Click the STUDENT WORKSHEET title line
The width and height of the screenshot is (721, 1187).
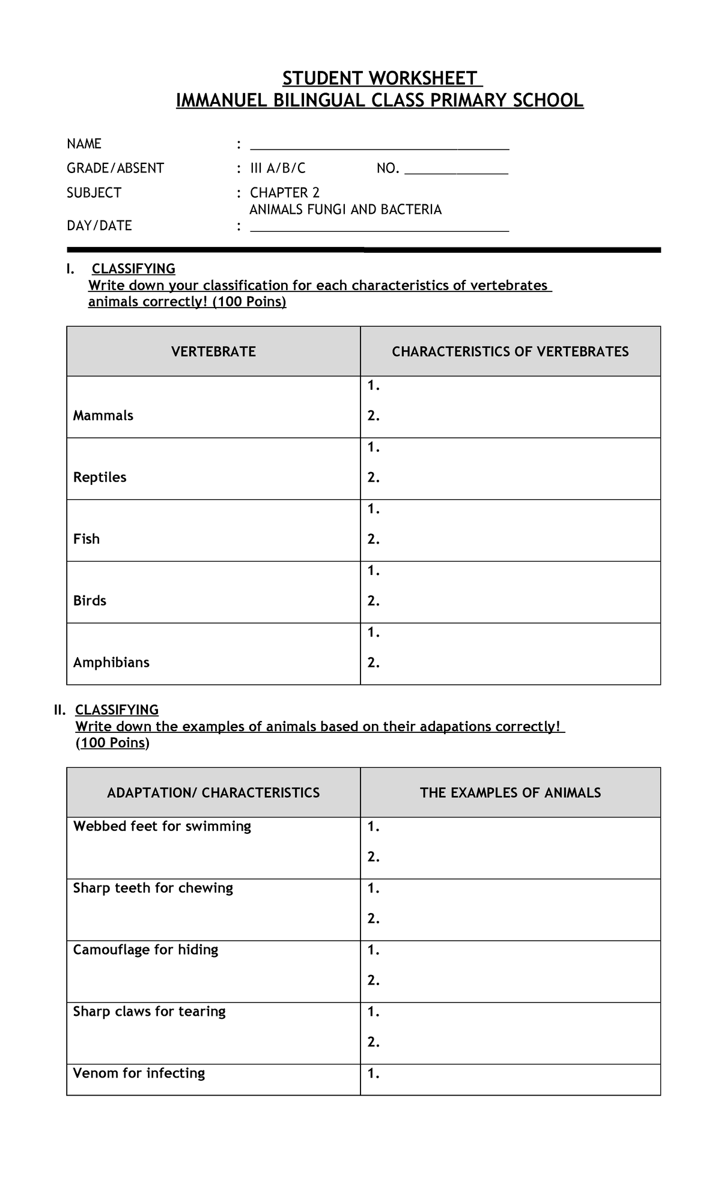point(380,79)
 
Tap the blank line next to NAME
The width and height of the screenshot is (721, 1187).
point(379,147)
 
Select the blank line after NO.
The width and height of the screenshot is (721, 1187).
point(456,172)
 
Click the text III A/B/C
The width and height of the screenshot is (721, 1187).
point(278,168)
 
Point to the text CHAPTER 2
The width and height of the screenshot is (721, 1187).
point(285,193)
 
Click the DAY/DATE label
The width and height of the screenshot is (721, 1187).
point(99,226)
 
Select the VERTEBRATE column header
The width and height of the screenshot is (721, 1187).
point(213,352)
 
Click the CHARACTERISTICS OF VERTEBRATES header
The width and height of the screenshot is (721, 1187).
point(510,352)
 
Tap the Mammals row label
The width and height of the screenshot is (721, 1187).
point(103,416)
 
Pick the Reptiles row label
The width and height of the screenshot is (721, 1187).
point(100,478)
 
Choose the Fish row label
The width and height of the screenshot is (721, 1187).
point(87,539)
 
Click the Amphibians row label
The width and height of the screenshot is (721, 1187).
point(111,663)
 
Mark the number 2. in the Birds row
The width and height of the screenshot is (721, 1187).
point(374,601)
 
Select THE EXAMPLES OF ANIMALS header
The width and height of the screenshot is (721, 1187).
point(510,793)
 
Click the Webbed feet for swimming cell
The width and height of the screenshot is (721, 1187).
point(162,827)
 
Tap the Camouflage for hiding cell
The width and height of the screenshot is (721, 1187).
point(145,950)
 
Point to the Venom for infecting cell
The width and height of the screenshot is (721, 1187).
point(139,1073)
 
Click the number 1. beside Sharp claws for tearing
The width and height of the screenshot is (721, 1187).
point(374,1012)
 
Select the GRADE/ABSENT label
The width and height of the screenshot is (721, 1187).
point(115,168)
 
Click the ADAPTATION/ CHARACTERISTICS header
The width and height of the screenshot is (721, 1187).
point(213,793)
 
